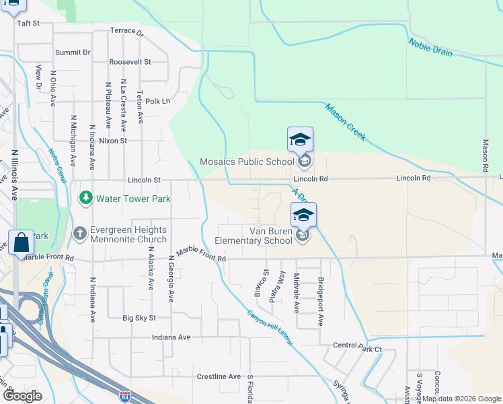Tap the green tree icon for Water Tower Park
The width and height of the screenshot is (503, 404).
[85, 198]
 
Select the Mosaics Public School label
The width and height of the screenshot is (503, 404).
[247, 162]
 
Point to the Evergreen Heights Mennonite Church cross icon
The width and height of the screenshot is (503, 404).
[79, 233]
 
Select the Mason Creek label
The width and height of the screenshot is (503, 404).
[345, 121]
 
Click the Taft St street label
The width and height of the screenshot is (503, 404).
[28, 23]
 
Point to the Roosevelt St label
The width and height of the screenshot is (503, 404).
[130, 61]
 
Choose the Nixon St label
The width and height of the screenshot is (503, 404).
[113, 141]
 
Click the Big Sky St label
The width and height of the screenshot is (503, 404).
[139, 317]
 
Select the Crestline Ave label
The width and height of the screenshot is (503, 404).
[219, 376]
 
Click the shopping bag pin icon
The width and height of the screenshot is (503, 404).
[21, 242]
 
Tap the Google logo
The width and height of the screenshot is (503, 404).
[22, 395]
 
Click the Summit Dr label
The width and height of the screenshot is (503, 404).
[73, 52]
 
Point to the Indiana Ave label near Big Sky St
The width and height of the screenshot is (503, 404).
[171, 337]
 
